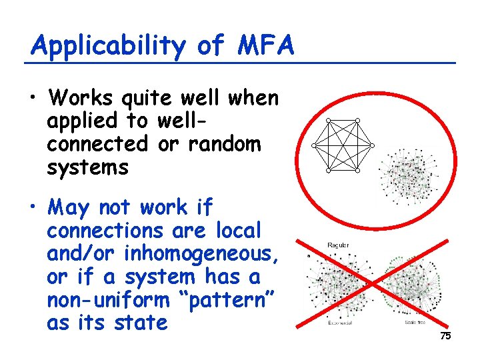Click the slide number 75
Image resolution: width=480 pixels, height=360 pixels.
(x=445, y=336)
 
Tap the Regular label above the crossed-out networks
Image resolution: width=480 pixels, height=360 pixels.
(x=338, y=245)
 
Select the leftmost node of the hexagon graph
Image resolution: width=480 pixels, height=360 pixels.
(x=313, y=145)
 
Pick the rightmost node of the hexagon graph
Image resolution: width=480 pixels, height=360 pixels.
(x=373, y=145)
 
